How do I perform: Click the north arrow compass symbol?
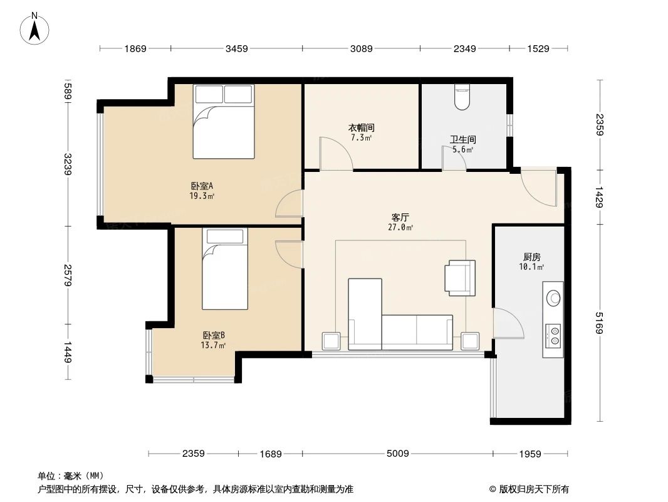pyautogui.click(x=36, y=28)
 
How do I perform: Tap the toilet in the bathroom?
pyautogui.click(x=462, y=98)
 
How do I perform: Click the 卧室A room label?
pyautogui.click(x=202, y=186)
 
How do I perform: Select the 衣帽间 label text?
pyautogui.click(x=362, y=128)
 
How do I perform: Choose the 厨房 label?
pyautogui.click(x=532, y=257)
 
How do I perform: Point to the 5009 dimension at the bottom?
pyautogui.click(x=397, y=454)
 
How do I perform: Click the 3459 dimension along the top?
pyautogui.click(x=237, y=49)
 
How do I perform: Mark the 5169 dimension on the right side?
pyautogui.click(x=600, y=323)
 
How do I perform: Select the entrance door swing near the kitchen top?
pyautogui.click(x=540, y=188)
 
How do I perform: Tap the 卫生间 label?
pyautogui.click(x=462, y=140)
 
